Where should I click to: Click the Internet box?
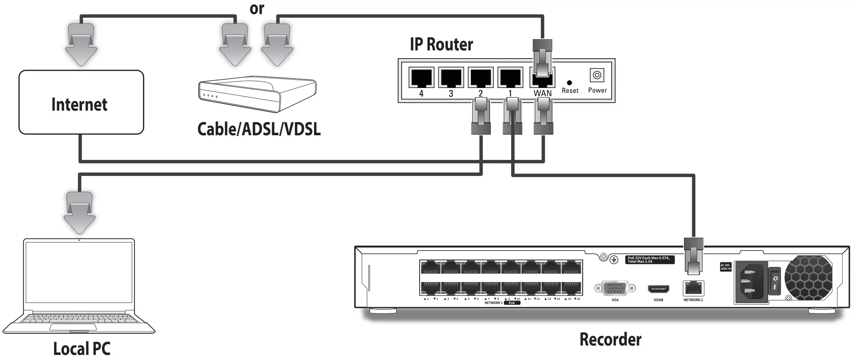(81, 102)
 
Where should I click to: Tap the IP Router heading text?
(441, 45)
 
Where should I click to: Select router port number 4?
(421, 77)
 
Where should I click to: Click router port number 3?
(451, 77)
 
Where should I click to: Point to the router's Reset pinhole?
(569, 82)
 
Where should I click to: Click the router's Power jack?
(597, 75)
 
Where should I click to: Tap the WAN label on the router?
(542, 93)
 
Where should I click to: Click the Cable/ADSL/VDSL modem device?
(257, 95)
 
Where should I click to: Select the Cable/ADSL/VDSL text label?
(259, 129)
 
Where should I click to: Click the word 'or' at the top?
(257, 9)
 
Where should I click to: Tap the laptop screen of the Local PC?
(79, 276)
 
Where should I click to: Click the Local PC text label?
(82, 348)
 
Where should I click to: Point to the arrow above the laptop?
(80, 213)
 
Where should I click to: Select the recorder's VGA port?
(614, 289)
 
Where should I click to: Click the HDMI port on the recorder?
(658, 290)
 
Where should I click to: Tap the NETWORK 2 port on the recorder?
(693, 289)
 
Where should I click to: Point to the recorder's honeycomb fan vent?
(808, 278)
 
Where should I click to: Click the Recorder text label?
(610, 339)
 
